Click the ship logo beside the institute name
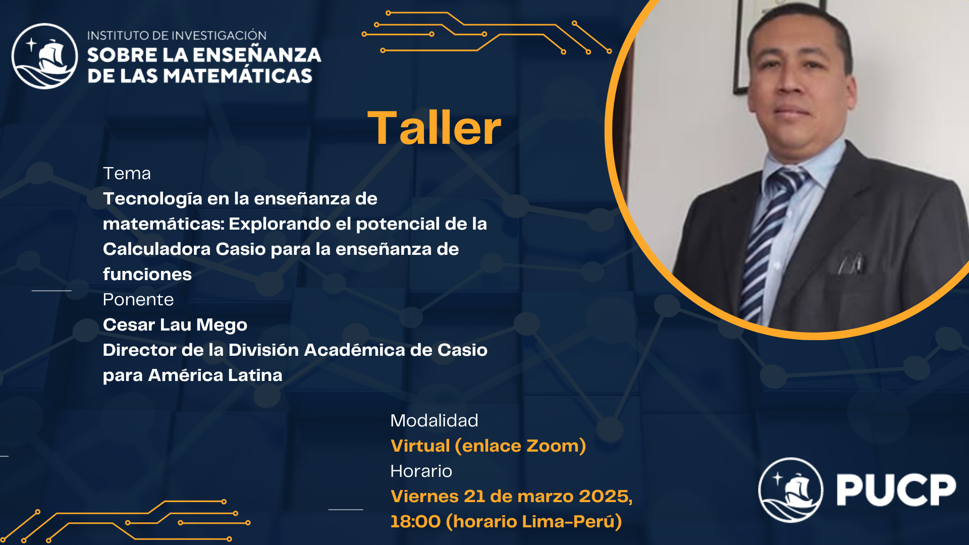point(45,56)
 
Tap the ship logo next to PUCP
point(791,489)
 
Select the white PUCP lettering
point(896,489)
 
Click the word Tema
point(127,174)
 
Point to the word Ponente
point(138,300)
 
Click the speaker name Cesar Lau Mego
point(175,325)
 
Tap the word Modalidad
point(434,421)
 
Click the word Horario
point(421,471)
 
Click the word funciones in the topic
point(147,275)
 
